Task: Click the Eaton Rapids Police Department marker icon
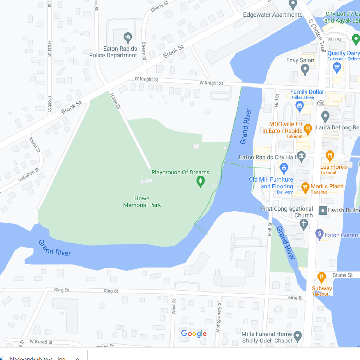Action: pos(128,37)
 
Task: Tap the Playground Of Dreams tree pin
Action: pos(200,181)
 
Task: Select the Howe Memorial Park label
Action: pos(142,202)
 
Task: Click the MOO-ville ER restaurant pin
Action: pos(308,129)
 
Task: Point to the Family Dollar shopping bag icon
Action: pos(300,105)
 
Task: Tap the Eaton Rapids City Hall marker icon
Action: pos(301,155)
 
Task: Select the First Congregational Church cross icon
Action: pos(304,224)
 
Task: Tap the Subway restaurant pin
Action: pos(321,277)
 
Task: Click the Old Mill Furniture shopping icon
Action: pos(284,168)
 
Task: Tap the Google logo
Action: pos(194,334)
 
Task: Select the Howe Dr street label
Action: pos(115,101)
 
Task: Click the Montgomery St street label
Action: pos(219,317)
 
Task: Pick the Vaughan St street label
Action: pos(29,174)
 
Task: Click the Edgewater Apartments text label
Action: pos(272,15)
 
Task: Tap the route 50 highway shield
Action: pos(320,103)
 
